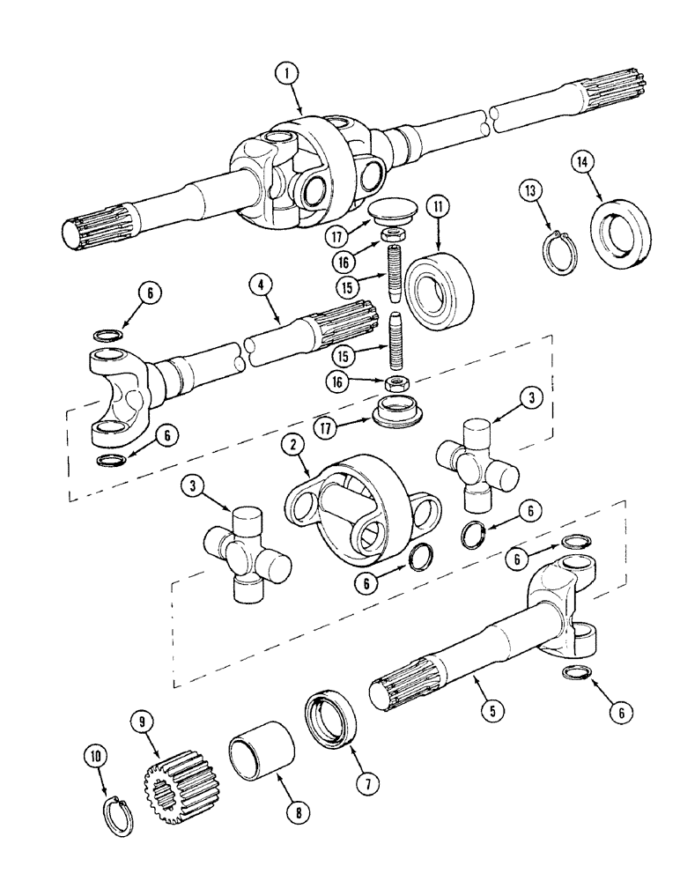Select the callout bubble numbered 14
pyautogui.click(x=580, y=162)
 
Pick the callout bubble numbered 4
pyautogui.click(x=260, y=285)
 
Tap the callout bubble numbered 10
pyautogui.click(x=95, y=755)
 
